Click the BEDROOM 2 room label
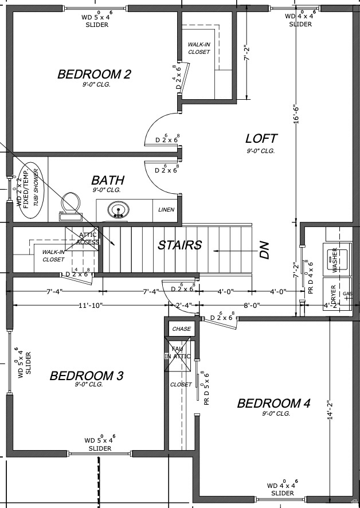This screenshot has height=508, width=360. (x=95, y=74)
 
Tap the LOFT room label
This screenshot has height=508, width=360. (x=261, y=138)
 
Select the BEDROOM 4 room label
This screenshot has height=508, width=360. (x=273, y=404)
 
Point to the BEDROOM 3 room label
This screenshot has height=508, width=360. (x=87, y=376)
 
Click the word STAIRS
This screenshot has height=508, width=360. (x=180, y=245)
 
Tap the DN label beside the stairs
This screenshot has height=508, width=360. (x=264, y=250)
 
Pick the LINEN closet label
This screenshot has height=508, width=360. (x=166, y=210)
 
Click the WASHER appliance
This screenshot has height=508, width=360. (x=335, y=259)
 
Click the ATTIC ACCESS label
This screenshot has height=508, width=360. (x=88, y=238)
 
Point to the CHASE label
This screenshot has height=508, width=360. (x=181, y=329)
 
